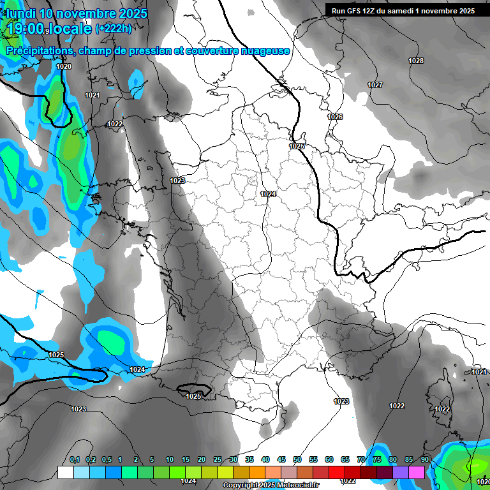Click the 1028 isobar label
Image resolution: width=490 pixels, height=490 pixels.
tap(416, 61)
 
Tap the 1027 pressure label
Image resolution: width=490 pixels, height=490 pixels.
tap(375, 85)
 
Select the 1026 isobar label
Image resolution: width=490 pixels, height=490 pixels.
tap(335, 117)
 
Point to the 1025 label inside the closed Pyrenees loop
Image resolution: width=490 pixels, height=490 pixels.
tap(193, 396)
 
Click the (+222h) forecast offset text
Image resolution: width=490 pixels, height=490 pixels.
tap(114, 28)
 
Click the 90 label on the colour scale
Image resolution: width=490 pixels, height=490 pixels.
tap(424, 459)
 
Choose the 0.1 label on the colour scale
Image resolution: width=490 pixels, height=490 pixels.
tap(75, 459)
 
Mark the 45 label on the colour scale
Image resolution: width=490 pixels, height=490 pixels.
tap(281, 459)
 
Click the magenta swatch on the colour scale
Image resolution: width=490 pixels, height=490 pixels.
tap(417, 472)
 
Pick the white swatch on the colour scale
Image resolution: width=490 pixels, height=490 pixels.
tap(65, 472)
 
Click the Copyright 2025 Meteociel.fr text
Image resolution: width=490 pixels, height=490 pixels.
tap(272, 485)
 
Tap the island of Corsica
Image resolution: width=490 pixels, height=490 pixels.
tap(438, 396)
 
